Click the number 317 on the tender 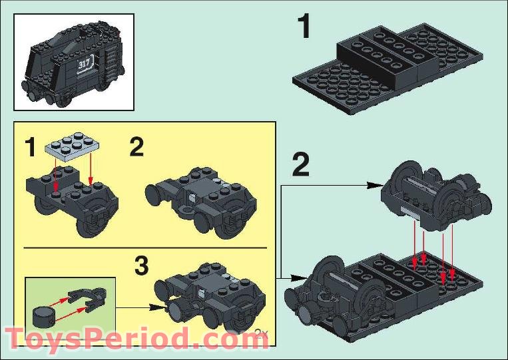coord(85,64)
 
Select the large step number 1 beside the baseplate coord(304,29)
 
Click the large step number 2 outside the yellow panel coord(301,166)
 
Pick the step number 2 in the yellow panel coord(136,147)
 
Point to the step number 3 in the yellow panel coord(141,266)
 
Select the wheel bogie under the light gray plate coord(73,200)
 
